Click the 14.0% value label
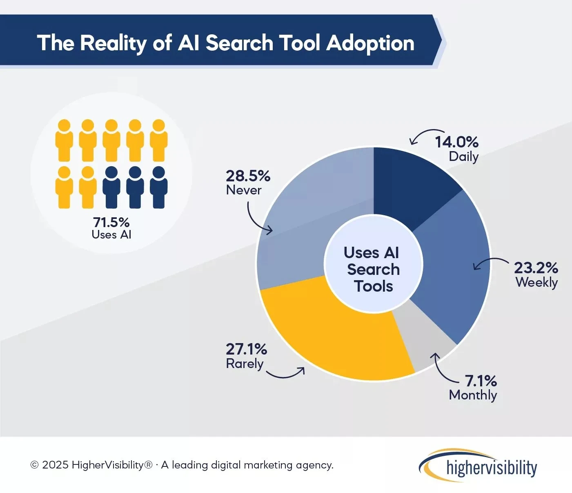point(456,142)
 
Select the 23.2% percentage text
point(536,268)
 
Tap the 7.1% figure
point(481,381)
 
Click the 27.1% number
point(246,349)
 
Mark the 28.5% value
point(248,176)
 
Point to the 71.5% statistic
point(111,222)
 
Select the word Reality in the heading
point(113,43)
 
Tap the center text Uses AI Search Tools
point(373,270)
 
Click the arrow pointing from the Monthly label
point(443,368)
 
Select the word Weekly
point(536,282)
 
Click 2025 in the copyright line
point(55,465)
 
